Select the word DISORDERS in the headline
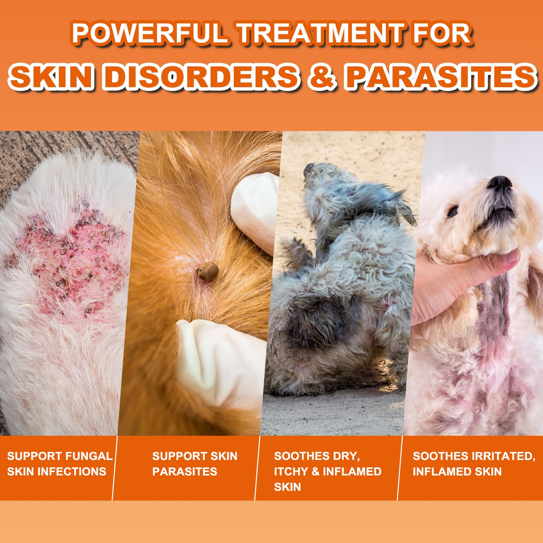[202, 76]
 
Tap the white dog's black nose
[499, 184]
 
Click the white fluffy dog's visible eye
[453, 212]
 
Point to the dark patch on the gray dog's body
[316, 322]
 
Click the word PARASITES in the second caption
[185, 471]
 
